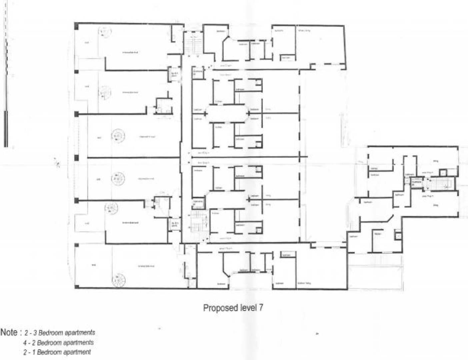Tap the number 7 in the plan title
[260, 308]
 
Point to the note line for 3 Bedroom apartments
[60, 333]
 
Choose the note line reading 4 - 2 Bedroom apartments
[58, 342]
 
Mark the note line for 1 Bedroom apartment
[57, 352]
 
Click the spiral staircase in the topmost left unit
[105, 32]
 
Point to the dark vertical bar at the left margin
[6, 129]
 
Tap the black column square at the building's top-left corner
[76, 25]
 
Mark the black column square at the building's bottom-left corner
[76, 286]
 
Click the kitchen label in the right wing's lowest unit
[377, 234]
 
